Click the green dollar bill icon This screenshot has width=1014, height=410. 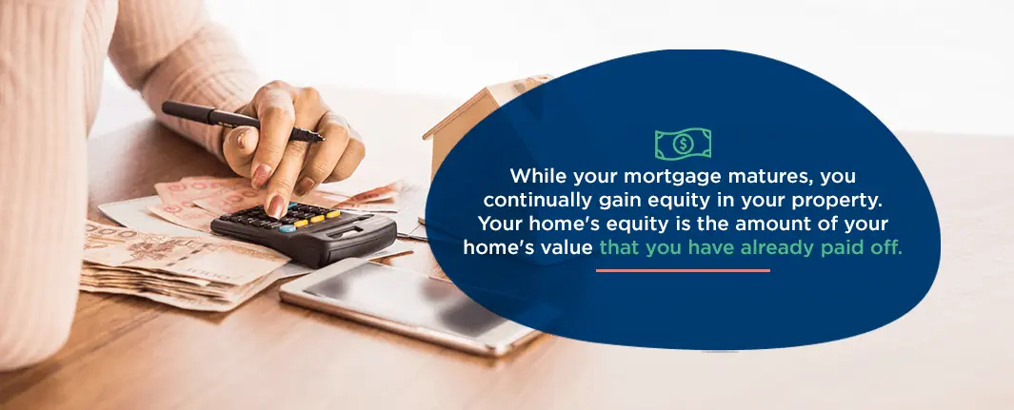pos(683,144)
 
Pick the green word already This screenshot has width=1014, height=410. pos(776,248)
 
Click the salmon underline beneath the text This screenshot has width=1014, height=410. pos(683,270)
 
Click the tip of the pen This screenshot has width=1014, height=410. pos(323,139)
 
